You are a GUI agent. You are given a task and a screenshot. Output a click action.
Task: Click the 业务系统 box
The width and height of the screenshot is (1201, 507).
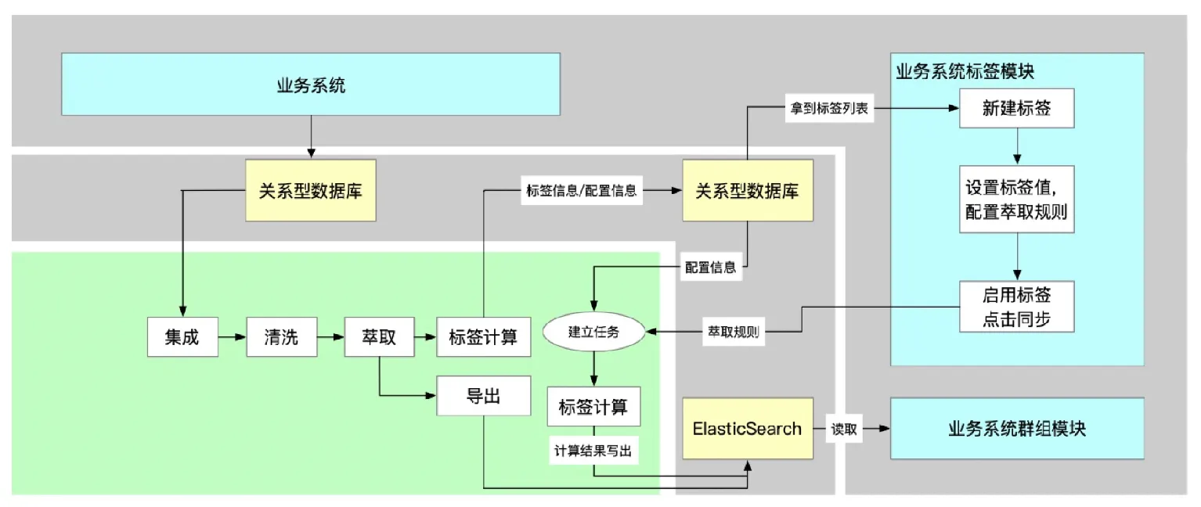[311, 84]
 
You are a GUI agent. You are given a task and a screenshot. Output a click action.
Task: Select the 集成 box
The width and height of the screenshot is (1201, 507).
[182, 337]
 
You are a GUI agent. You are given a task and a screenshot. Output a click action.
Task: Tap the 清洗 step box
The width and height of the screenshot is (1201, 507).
[281, 337]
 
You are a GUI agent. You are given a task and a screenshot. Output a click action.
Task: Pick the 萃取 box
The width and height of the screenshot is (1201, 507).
[379, 337]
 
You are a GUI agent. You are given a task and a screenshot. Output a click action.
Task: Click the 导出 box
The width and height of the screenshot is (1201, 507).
[483, 397]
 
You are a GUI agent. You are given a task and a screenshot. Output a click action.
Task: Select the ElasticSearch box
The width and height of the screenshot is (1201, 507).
[747, 428]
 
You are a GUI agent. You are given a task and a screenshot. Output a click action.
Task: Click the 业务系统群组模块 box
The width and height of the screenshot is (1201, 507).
[1016, 428]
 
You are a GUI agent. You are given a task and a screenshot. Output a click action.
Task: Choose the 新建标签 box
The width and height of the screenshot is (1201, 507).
[1016, 109]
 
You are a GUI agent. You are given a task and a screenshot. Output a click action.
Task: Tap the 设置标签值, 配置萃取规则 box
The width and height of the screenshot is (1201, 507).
[1016, 199]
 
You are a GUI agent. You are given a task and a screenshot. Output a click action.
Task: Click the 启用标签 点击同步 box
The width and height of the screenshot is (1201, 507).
[1016, 307]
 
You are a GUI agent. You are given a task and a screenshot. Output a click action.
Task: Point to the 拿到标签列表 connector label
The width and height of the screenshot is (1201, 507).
[828, 109]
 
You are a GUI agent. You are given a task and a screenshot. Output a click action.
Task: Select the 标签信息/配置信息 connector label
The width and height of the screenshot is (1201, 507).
[580, 190]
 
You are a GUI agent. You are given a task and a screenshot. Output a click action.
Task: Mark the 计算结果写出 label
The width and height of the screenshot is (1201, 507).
[593, 451]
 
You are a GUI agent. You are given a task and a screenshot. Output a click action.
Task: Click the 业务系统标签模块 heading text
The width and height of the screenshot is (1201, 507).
[965, 71]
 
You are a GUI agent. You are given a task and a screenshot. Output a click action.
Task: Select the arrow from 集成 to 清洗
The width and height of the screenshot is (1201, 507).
[233, 337]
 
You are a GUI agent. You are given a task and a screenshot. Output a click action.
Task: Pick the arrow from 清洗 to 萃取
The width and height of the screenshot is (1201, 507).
[330, 337]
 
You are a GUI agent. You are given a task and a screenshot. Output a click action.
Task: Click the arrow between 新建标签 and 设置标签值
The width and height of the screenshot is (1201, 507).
[1016, 146]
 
